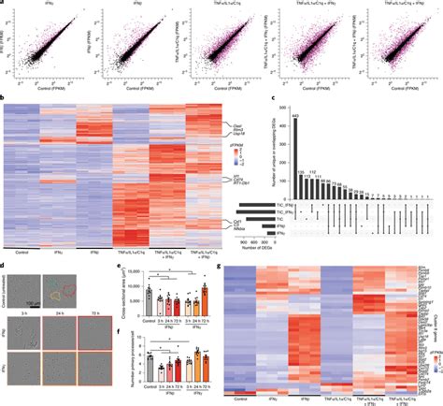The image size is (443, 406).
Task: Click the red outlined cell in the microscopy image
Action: tap(78, 279)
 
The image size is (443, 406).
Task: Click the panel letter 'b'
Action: tap(5, 96)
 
